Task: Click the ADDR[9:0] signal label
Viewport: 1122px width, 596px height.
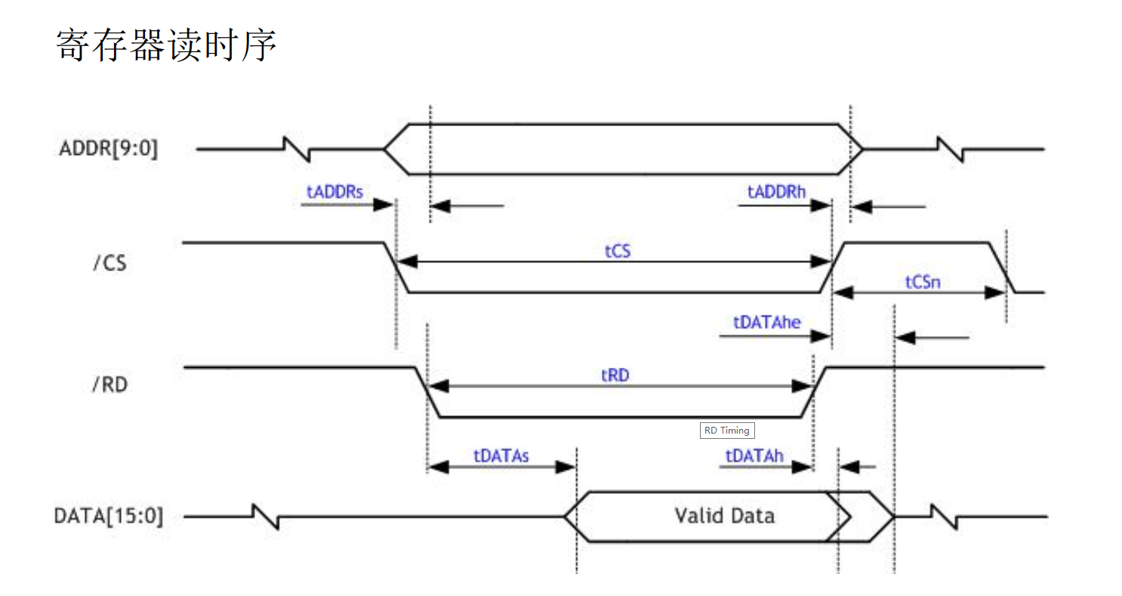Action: point(109,149)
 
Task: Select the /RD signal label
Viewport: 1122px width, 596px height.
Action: point(109,384)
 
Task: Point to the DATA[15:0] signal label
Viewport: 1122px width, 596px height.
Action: point(108,517)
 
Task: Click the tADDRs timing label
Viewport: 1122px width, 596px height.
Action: point(334,191)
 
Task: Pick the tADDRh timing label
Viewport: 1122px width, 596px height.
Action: point(777,191)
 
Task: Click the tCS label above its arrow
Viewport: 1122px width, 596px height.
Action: point(617,251)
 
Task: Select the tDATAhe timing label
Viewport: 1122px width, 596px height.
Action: point(767,321)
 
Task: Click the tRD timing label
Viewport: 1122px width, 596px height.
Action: point(615,375)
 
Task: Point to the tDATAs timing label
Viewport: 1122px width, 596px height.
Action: point(501,455)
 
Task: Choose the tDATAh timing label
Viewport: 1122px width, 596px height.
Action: point(754,455)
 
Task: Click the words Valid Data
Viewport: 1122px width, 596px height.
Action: point(724,516)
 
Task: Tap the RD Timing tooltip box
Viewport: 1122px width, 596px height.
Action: point(727,431)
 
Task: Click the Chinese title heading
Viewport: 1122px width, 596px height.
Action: point(167,45)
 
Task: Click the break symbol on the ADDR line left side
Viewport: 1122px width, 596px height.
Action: point(295,149)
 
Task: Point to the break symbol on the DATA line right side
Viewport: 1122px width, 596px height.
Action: point(945,517)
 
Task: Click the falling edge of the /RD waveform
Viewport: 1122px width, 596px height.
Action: point(428,392)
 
